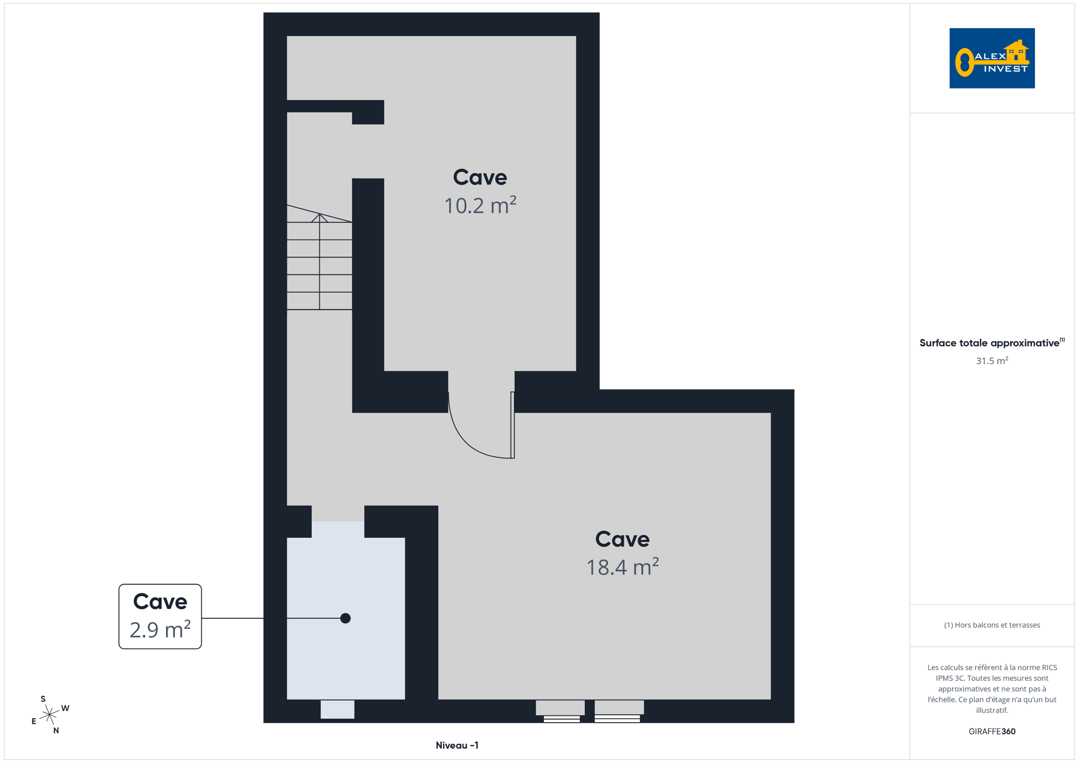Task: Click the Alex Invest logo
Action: tap(992, 58)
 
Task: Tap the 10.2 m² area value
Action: tap(480, 206)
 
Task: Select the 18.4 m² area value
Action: tap(622, 567)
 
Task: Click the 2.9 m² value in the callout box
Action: tap(160, 629)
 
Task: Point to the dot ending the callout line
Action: tap(345, 618)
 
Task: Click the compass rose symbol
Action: tap(49, 715)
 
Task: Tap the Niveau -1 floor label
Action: tap(457, 746)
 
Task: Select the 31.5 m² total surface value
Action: tap(992, 360)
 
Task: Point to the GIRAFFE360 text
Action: tap(992, 731)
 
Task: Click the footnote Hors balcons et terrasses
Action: tap(992, 625)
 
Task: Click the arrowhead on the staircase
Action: tap(320, 218)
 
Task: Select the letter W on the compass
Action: tap(65, 708)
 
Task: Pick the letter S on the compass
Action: tap(43, 699)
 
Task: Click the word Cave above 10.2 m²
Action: tap(480, 178)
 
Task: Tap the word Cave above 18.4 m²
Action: tap(622, 539)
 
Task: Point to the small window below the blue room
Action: tap(337, 709)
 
